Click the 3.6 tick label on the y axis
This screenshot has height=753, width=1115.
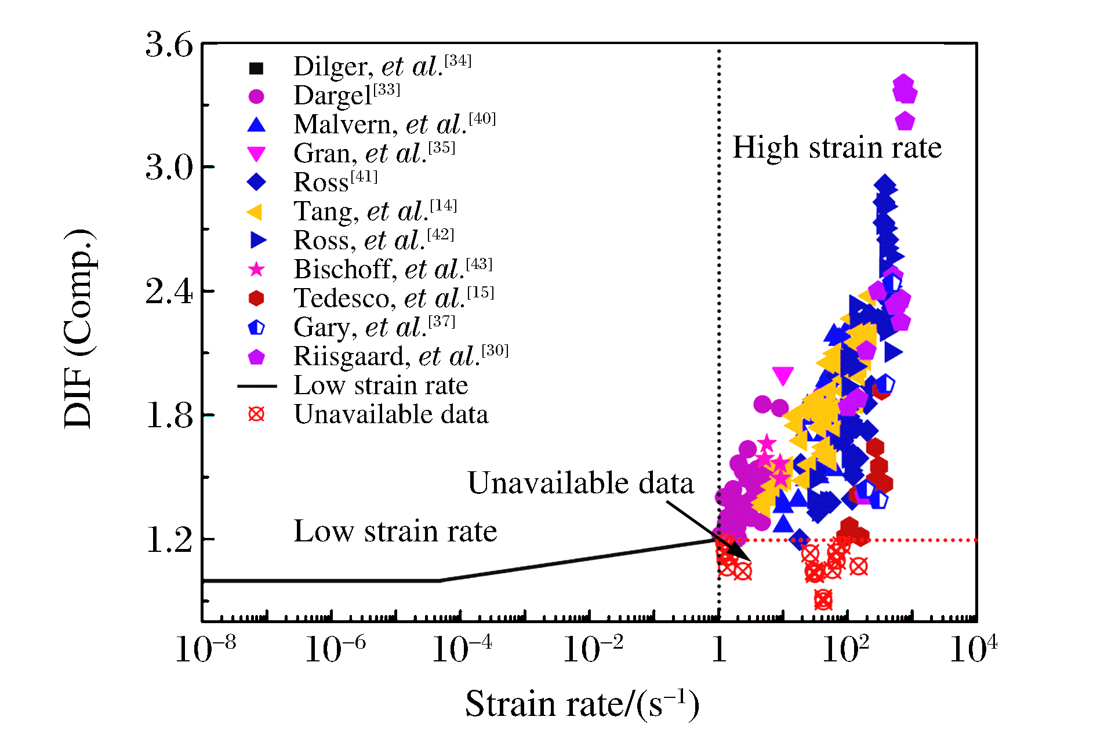click(169, 45)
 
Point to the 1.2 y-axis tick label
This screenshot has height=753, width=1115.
click(169, 540)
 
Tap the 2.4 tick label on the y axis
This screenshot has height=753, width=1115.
click(169, 291)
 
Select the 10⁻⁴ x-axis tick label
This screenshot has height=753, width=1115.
click(462, 649)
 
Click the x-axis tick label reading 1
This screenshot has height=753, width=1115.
click(719, 650)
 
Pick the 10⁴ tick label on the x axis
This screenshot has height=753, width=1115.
click(973, 649)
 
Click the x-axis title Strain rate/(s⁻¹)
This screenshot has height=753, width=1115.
click(582, 704)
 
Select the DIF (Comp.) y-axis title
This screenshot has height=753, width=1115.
click(79, 328)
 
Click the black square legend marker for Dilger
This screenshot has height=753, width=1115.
click(256, 68)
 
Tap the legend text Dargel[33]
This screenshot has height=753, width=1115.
click(347, 95)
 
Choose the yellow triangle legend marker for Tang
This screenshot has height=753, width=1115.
click(255, 212)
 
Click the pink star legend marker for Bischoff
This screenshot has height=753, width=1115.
click(256, 270)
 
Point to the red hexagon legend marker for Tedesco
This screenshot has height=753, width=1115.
click(256, 299)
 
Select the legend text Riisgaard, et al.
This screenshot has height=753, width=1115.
click(401, 356)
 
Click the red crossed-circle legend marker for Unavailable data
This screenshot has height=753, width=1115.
click(256, 414)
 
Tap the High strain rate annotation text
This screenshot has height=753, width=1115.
click(837, 147)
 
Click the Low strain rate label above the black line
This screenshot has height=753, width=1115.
click(395, 531)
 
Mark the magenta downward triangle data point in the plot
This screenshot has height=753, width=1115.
click(783, 375)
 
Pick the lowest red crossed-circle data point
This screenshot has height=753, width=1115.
click(823, 600)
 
